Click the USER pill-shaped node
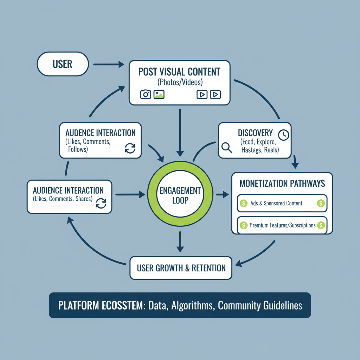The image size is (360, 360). click(x=63, y=64)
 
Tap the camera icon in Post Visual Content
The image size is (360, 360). click(x=146, y=94)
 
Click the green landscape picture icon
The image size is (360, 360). click(x=159, y=94)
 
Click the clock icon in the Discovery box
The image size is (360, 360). click(x=283, y=135)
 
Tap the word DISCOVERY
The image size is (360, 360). click(x=255, y=133)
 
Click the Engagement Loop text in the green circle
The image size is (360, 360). click(x=180, y=195)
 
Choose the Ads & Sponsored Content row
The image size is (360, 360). click(x=281, y=203)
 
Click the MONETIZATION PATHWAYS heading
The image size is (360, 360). click(x=282, y=184)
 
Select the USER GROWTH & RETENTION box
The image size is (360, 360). click(x=181, y=268)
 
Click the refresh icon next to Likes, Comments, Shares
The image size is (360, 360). click(x=101, y=203)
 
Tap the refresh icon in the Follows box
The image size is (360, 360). click(x=130, y=148)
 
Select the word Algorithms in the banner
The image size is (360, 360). click(x=192, y=305)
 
